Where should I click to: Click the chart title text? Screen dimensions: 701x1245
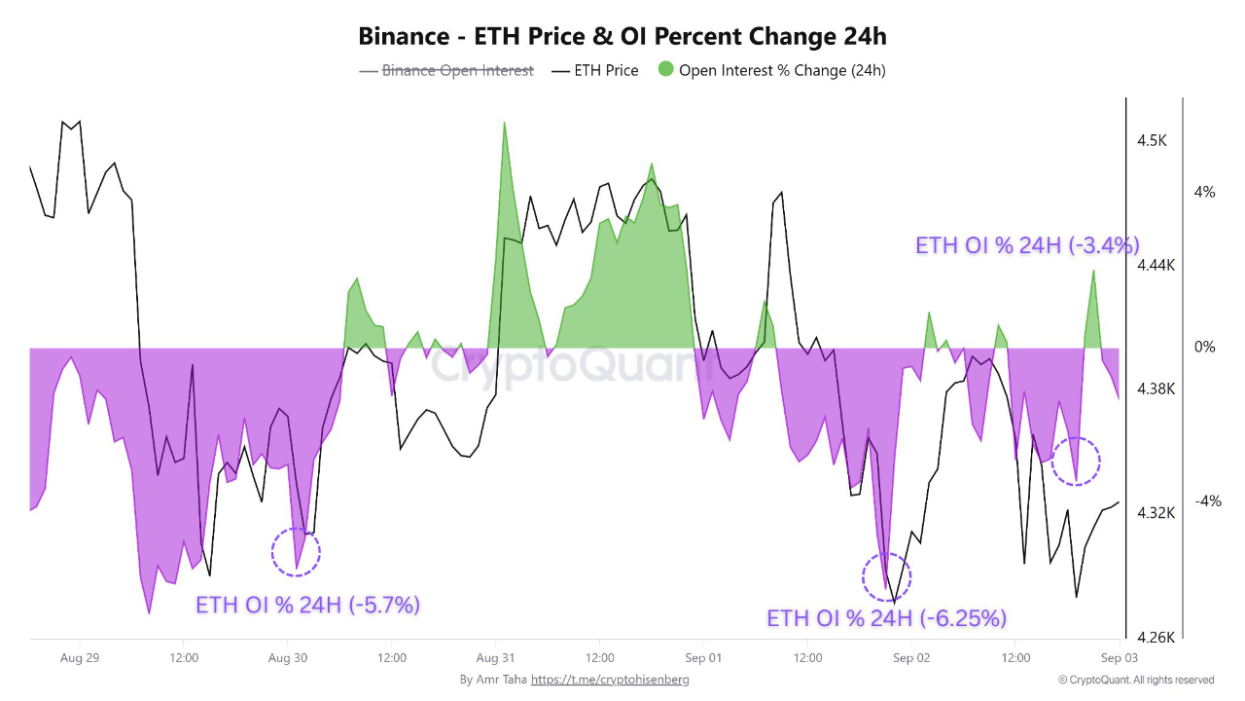coord(622,37)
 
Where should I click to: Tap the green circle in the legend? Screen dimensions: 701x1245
coord(665,69)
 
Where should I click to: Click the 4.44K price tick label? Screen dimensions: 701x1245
coord(1156,265)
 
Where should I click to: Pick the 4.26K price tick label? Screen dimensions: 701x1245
coord(1156,638)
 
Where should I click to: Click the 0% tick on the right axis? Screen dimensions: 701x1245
coord(1204,347)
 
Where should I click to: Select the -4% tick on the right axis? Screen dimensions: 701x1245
coord(1207,501)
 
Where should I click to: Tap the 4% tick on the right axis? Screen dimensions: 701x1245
coord(1204,193)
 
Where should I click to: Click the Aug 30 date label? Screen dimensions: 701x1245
coord(288,658)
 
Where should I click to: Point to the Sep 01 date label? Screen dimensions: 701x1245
coord(703,658)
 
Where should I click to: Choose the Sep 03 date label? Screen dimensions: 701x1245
coord(1119,658)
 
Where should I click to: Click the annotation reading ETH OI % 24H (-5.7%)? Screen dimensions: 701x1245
coord(307,605)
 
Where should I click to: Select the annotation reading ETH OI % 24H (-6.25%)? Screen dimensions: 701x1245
coord(886,618)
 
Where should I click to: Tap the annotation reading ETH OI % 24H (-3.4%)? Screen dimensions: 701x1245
coord(1027,245)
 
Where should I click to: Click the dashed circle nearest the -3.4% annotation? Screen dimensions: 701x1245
coord(1076,461)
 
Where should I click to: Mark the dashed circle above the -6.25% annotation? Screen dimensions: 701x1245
coord(887,577)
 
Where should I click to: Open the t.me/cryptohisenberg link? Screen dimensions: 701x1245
coord(610,680)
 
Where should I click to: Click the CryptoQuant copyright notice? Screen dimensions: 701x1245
coord(1135,680)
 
